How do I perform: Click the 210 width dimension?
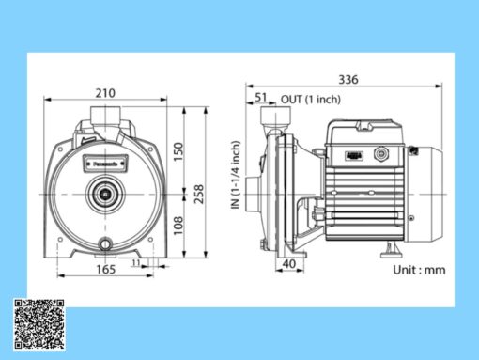[105, 93]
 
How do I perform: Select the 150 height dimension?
[179, 149]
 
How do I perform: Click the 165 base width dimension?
[104, 270]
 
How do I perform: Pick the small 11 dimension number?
[136, 265]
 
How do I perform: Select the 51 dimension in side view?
[260, 97]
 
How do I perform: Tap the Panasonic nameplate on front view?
[104, 161]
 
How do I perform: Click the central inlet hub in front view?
[104, 196]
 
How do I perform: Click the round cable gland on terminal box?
[381, 153]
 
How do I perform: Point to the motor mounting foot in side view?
[389, 250]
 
